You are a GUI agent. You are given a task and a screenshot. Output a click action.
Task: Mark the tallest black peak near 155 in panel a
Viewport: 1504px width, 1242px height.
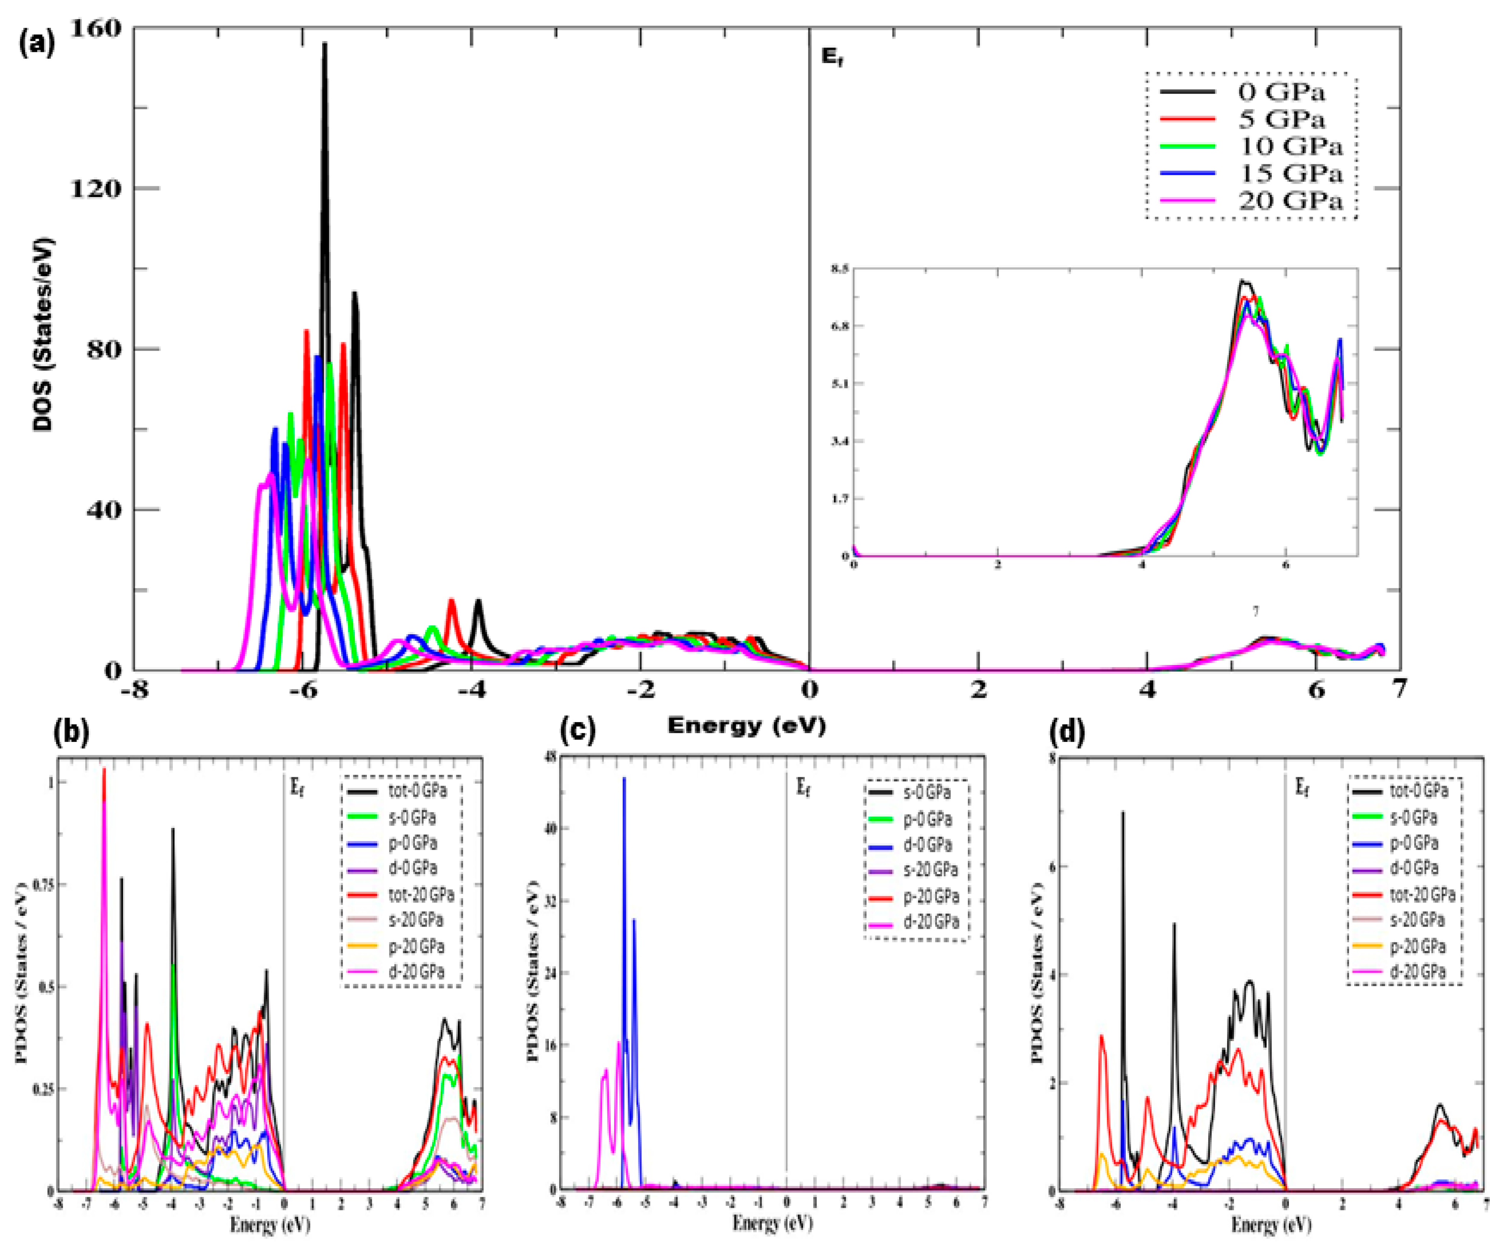point(324,44)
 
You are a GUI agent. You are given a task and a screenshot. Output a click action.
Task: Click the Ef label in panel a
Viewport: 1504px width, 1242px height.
point(832,57)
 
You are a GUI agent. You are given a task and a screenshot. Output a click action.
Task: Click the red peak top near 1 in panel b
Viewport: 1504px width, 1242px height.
point(104,770)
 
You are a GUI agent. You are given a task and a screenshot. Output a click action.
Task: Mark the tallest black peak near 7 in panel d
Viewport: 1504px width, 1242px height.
point(1122,812)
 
